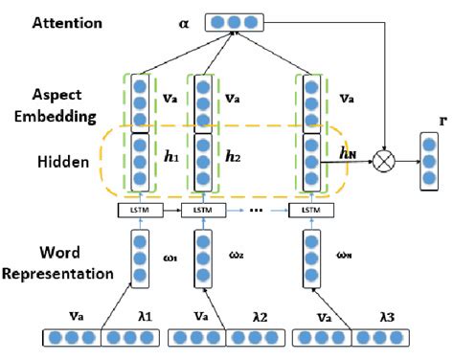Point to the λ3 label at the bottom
point(372,315)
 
